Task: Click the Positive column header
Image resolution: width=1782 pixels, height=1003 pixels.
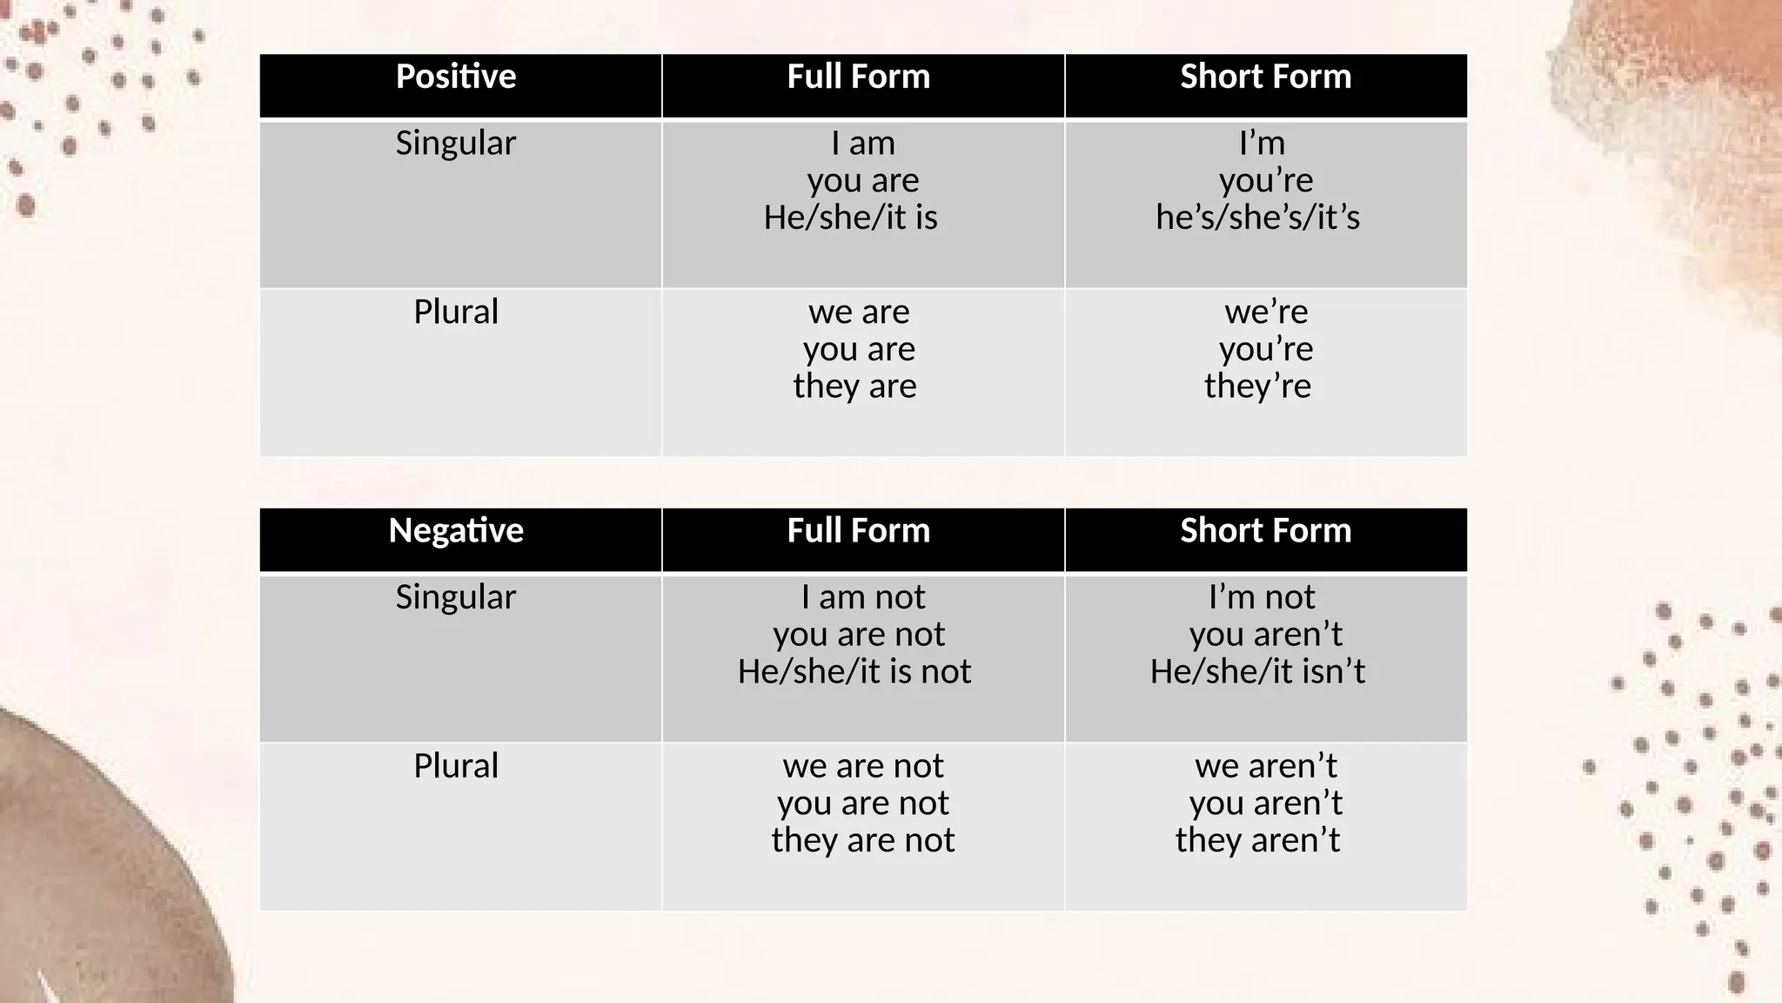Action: (456, 77)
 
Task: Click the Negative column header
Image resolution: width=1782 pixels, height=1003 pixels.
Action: (456, 530)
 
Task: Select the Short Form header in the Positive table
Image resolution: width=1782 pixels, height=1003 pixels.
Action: (1265, 77)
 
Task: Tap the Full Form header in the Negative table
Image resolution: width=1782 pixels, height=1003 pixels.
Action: (858, 530)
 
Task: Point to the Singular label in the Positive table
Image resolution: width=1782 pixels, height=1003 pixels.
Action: (456, 143)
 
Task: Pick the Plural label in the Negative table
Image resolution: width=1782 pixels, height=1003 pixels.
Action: (456, 766)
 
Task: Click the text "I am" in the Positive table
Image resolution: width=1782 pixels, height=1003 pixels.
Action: (862, 143)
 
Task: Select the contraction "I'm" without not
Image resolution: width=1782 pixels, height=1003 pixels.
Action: (1262, 143)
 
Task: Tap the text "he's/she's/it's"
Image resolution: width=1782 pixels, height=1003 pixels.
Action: (1257, 218)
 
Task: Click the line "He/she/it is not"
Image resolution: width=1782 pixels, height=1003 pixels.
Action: (854, 671)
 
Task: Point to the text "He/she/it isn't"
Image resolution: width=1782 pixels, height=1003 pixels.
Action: (1257, 671)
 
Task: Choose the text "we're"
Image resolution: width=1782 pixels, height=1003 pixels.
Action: (1266, 312)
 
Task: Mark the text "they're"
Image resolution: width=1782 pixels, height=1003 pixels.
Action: (1257, 386)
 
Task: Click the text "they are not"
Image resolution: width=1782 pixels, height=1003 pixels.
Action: (862, 840)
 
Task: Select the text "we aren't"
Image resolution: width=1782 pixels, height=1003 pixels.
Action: (1266, 766)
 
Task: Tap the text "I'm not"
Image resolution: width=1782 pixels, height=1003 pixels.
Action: (1262, 597)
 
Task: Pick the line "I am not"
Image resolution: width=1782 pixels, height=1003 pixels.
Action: (862, 597)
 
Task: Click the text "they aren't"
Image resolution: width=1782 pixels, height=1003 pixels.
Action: (1257, 840)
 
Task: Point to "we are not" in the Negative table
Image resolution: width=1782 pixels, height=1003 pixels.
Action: (862, 766)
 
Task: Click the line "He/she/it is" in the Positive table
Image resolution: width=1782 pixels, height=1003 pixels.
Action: (850, 218)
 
